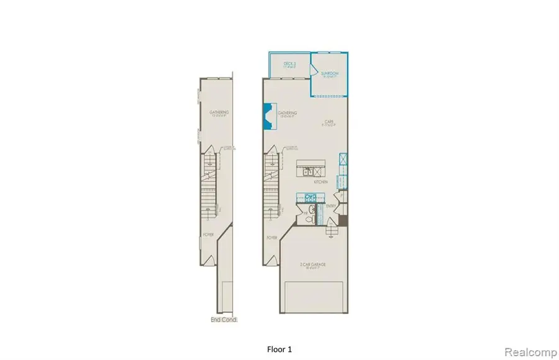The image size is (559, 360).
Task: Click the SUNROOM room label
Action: point(329,73)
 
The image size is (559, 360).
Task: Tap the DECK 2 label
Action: point(289,64)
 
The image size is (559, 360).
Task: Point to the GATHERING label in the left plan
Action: point(219,112)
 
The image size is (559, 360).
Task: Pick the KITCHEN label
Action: point(320,182)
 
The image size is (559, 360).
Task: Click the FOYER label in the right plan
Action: point(271,236)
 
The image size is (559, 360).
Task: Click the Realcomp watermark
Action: point(529,351)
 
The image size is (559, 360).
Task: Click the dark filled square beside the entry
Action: point(341,220)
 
